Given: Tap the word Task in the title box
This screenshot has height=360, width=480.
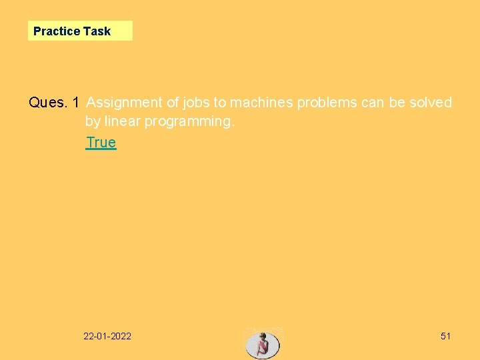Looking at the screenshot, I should coord(97,31).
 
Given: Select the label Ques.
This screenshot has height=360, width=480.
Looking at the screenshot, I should coord(48,103).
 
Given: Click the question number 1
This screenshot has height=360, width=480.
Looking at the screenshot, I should coord(76,103).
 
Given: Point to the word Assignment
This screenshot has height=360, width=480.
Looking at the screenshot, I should coord(124,103).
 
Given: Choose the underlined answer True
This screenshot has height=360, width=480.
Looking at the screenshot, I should coord(101,142).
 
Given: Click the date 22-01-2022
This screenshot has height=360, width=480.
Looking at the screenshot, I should coord(107,336).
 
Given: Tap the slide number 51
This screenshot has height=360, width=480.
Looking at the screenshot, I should coord(445,336).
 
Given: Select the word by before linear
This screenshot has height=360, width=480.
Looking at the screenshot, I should coord(93,122).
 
